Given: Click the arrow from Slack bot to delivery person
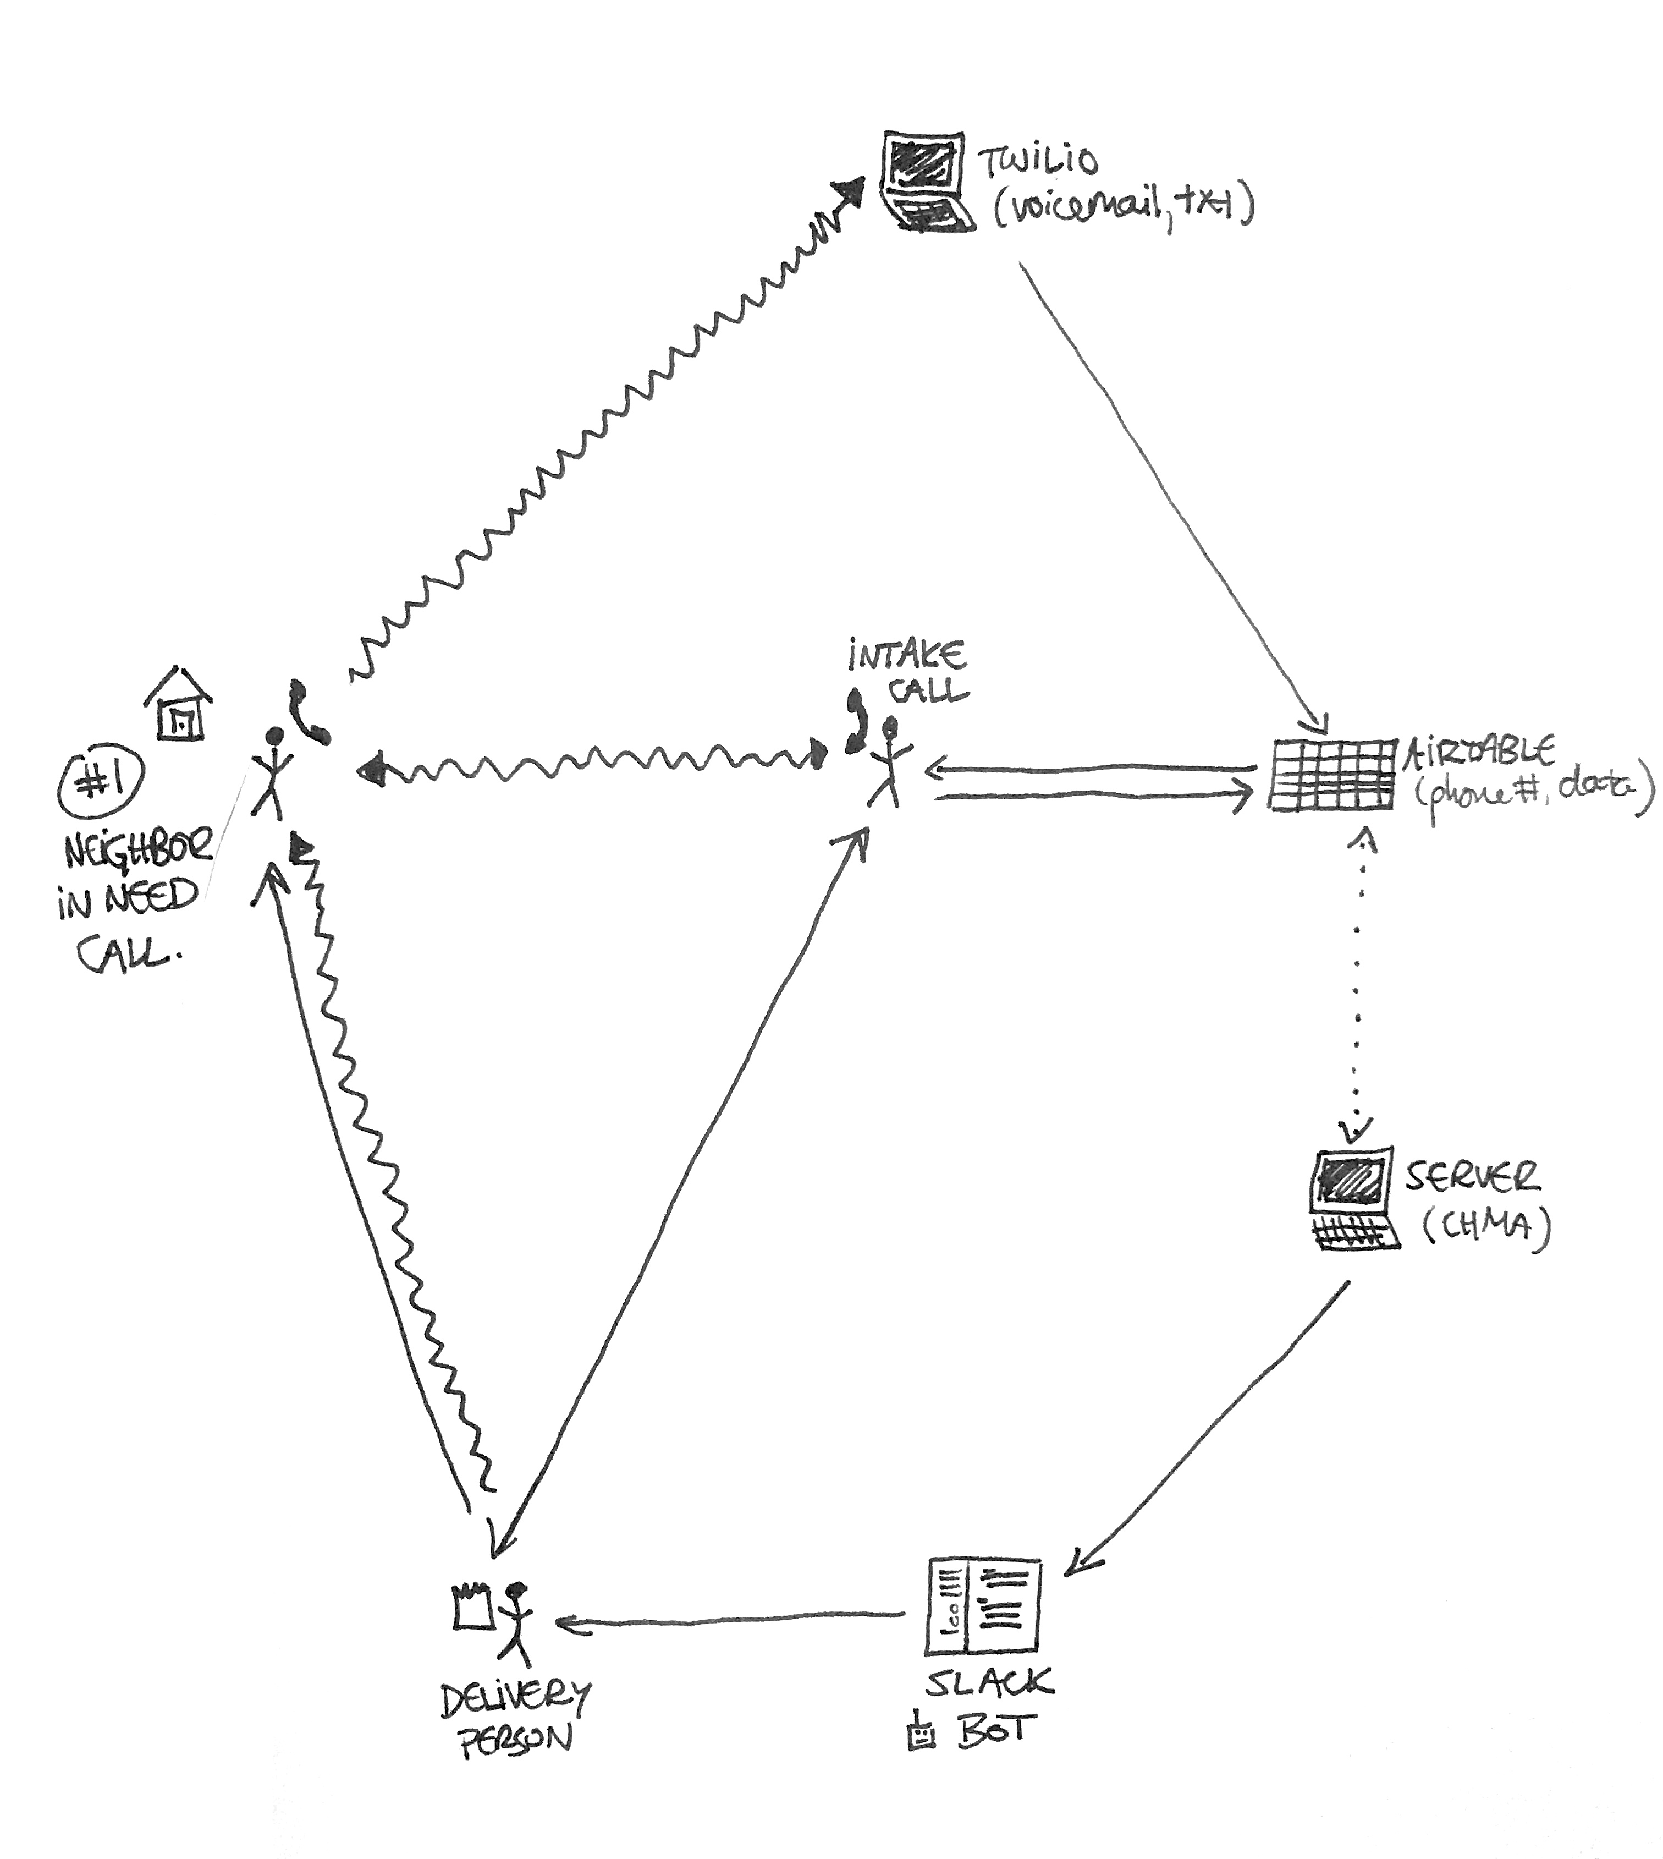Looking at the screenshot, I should [731, 1623].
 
